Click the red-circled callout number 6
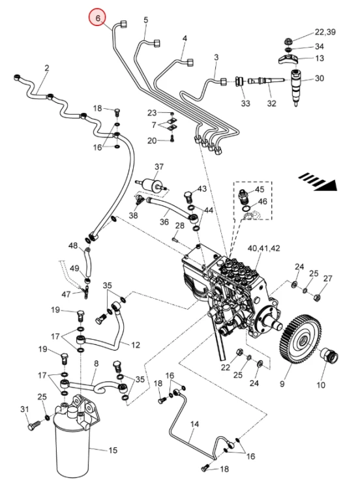coord(98,18)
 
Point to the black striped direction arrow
coord(318,181)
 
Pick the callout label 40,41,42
coord(263,248)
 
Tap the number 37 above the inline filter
coord(159,167)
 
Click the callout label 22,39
coord(325,32)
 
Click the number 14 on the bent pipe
coord(194,424)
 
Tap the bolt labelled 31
coord(34,425)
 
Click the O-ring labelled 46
coord(246,208)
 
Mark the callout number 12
coord(136,345)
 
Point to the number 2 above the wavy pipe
coord(47,68)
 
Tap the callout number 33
coord(245,103)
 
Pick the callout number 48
coord(73,246)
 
